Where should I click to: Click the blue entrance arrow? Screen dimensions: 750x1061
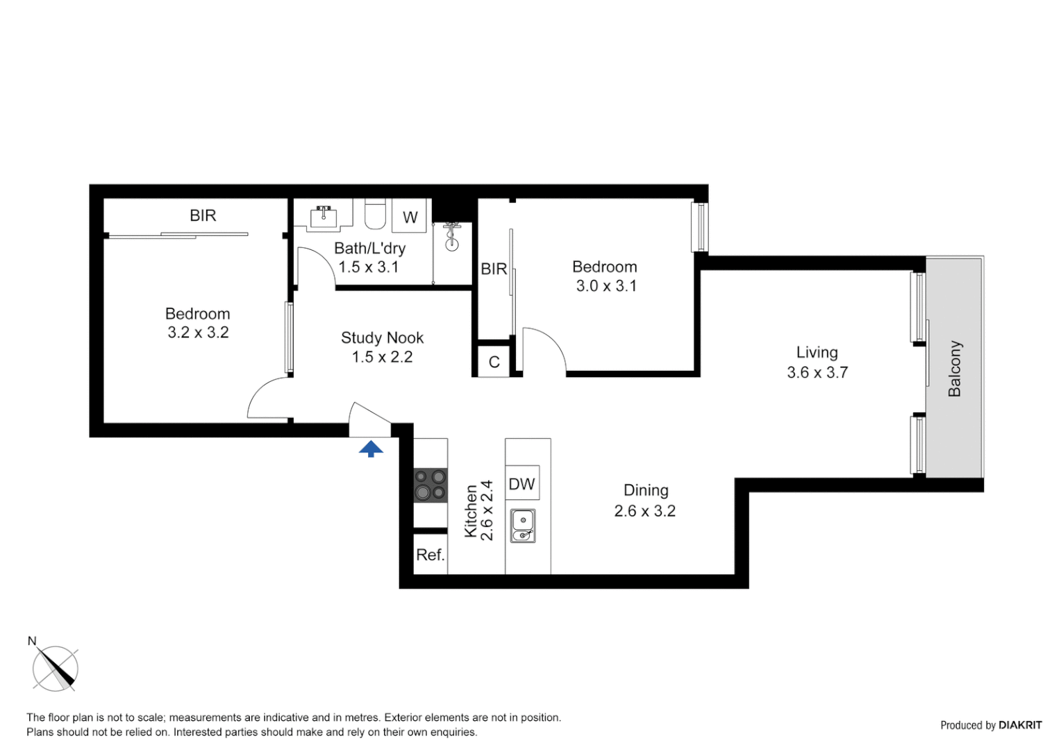[371, 449]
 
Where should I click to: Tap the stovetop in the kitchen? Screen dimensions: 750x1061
[431, 485]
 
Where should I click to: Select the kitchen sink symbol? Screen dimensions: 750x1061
[523, 526]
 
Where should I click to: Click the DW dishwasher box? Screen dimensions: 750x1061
[522, 484]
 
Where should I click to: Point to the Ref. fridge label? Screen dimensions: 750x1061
[430, 555]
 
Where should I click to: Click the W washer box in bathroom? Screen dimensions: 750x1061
[410, 217]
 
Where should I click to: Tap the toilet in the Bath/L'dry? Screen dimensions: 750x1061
[375, 215]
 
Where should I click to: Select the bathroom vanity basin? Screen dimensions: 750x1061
[323, 217]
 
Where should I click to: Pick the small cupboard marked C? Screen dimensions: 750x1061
[494, 362]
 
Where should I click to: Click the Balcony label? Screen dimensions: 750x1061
[955, 369]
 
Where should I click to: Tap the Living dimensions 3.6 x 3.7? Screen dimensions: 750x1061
[817, 372]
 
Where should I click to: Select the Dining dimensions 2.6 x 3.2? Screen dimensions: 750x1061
[644, 511]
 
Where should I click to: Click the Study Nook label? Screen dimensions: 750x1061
[382, 337]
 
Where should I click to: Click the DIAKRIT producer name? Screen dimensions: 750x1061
[1019, 725]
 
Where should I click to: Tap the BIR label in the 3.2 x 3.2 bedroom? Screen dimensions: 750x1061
[203, 215]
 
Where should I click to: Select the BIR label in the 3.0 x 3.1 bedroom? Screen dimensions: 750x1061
[494, 269]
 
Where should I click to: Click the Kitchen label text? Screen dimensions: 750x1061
[471, 511]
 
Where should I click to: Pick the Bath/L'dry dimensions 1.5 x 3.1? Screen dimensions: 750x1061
[368, 267]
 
